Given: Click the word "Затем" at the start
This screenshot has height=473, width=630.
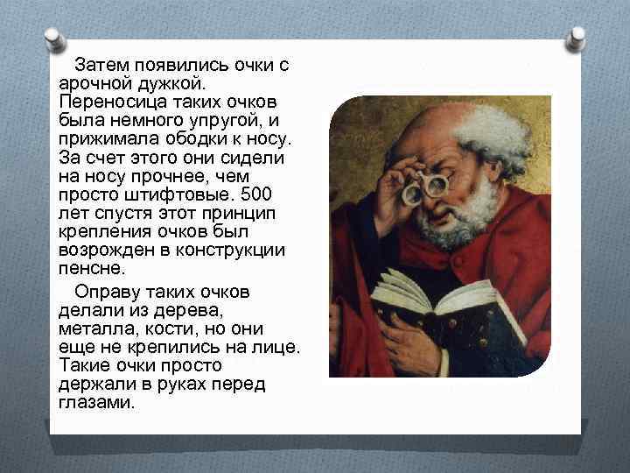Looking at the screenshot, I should pos(101,66).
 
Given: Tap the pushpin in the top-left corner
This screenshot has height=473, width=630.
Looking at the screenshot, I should pos(54,39).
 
